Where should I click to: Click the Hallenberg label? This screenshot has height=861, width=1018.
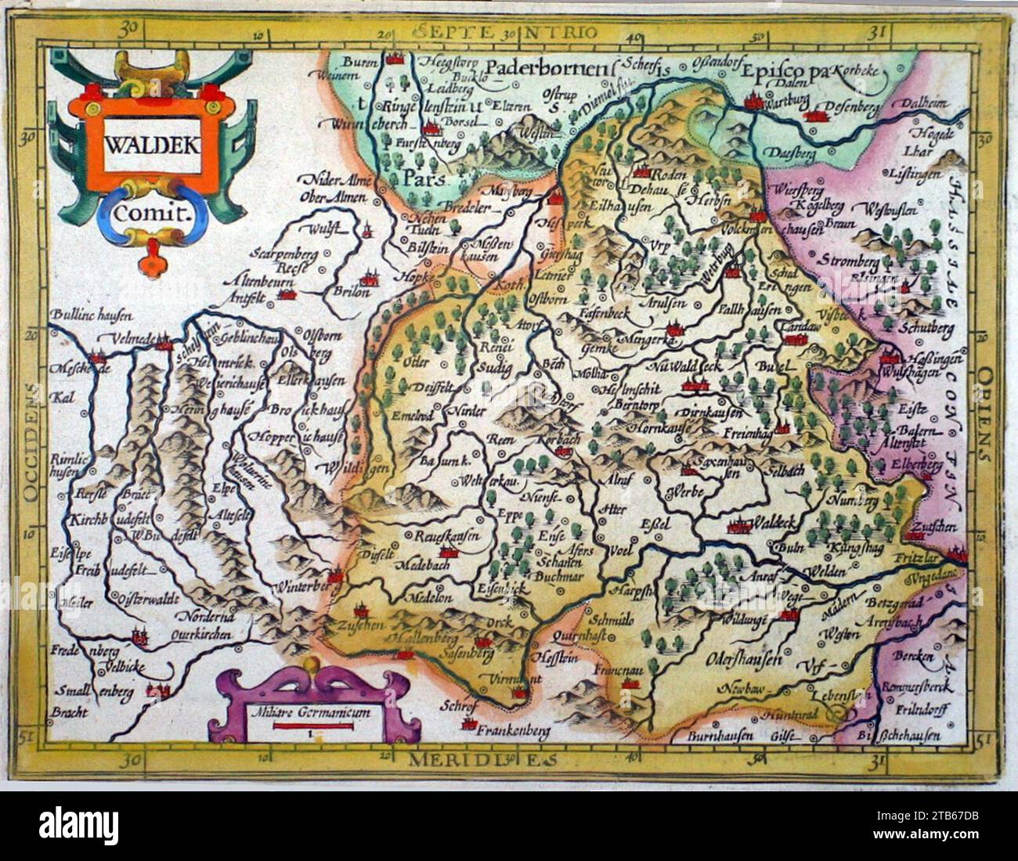(413, 639)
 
